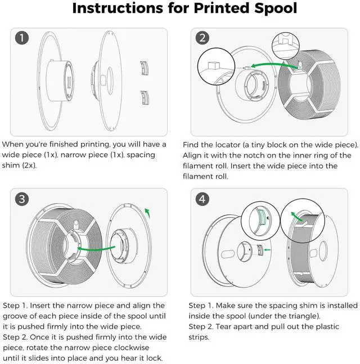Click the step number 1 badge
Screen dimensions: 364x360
pyautogui.click(x=22, y=38)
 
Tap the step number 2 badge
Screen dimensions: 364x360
pyautogui.click(x=202, y=38)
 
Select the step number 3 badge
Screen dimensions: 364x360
pyautogui.click(x=22, y=199)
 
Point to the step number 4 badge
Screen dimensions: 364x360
pyautogui.click(x=202, y=199)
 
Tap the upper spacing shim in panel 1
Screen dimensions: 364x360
pyautogui.click(x=146, y=68)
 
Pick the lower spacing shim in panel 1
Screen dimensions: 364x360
pyautogui.click(x=146, y=97)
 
